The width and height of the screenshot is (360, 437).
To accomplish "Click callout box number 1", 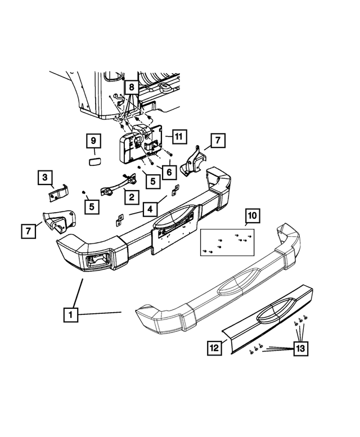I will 70,315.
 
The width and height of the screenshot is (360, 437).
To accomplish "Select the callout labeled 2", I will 130,197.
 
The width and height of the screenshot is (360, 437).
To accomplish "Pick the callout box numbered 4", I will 150,210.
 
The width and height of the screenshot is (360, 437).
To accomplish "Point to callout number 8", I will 130,87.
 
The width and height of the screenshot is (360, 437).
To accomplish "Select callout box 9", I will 94,141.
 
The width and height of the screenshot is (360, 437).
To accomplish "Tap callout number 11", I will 178,136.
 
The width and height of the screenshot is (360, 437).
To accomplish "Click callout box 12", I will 214,348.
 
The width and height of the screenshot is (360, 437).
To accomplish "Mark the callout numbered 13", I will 300,349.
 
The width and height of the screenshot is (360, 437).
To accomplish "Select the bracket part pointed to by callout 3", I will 58,192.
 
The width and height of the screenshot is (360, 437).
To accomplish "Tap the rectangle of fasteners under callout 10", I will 227,242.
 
